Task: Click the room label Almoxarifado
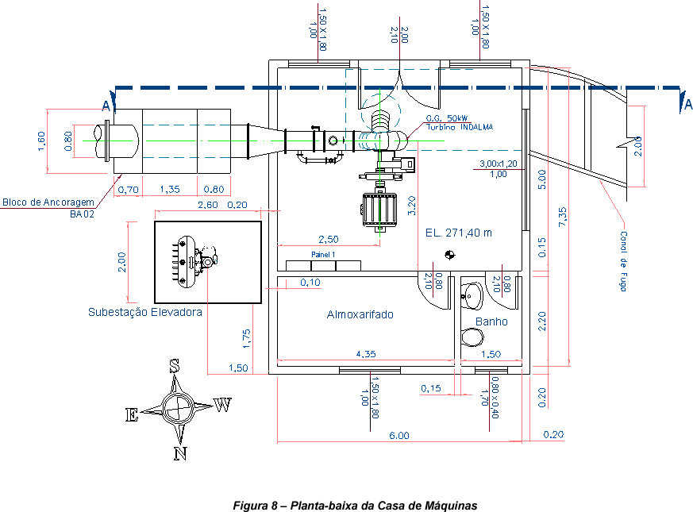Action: point(360,314)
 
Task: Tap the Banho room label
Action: point(491,321)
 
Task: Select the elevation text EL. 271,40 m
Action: point(458,233)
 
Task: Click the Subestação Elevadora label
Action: point(144,312)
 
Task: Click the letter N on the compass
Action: point(180,453)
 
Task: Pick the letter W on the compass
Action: point(223,405)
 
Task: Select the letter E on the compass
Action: point(132,414)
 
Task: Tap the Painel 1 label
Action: point(323,255)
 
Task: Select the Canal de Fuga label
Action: point(623,261)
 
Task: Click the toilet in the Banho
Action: point(472,337)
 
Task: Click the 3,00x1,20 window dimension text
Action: point(498,164)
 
